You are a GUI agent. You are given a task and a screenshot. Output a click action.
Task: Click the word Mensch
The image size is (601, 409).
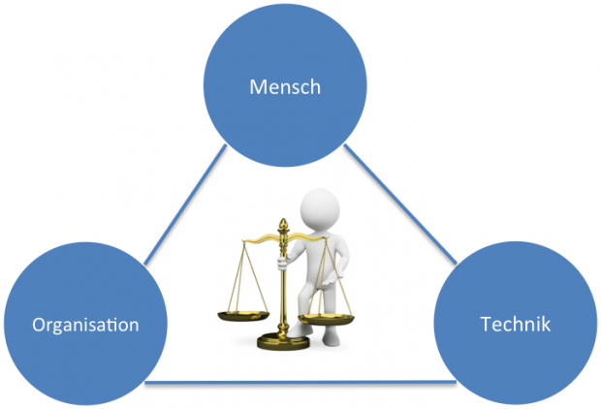point(285,87)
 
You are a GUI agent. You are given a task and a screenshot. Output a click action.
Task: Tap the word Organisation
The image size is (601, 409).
point(85,324)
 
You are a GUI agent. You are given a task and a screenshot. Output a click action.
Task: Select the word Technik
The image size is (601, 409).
point(515,323)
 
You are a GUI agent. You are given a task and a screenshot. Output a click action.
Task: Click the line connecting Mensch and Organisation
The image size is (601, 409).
point(184,204)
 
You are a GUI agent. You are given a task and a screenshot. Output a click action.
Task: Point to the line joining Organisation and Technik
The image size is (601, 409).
point(291,382)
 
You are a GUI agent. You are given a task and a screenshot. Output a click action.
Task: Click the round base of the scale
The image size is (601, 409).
point(283,341)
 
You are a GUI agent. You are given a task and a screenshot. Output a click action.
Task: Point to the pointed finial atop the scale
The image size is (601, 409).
point(284,225)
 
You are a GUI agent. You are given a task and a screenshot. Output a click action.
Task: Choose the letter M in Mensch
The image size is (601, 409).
point(257,87)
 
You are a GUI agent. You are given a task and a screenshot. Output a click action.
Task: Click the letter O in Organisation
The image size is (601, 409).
point(38,324)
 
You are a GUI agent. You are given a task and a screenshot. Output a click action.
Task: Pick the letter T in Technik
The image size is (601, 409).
point(485,323)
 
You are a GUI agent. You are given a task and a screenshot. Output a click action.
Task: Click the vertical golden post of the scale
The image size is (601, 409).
point(283,291)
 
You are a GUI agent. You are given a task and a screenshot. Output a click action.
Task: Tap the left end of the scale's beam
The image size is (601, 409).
point(243,238)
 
